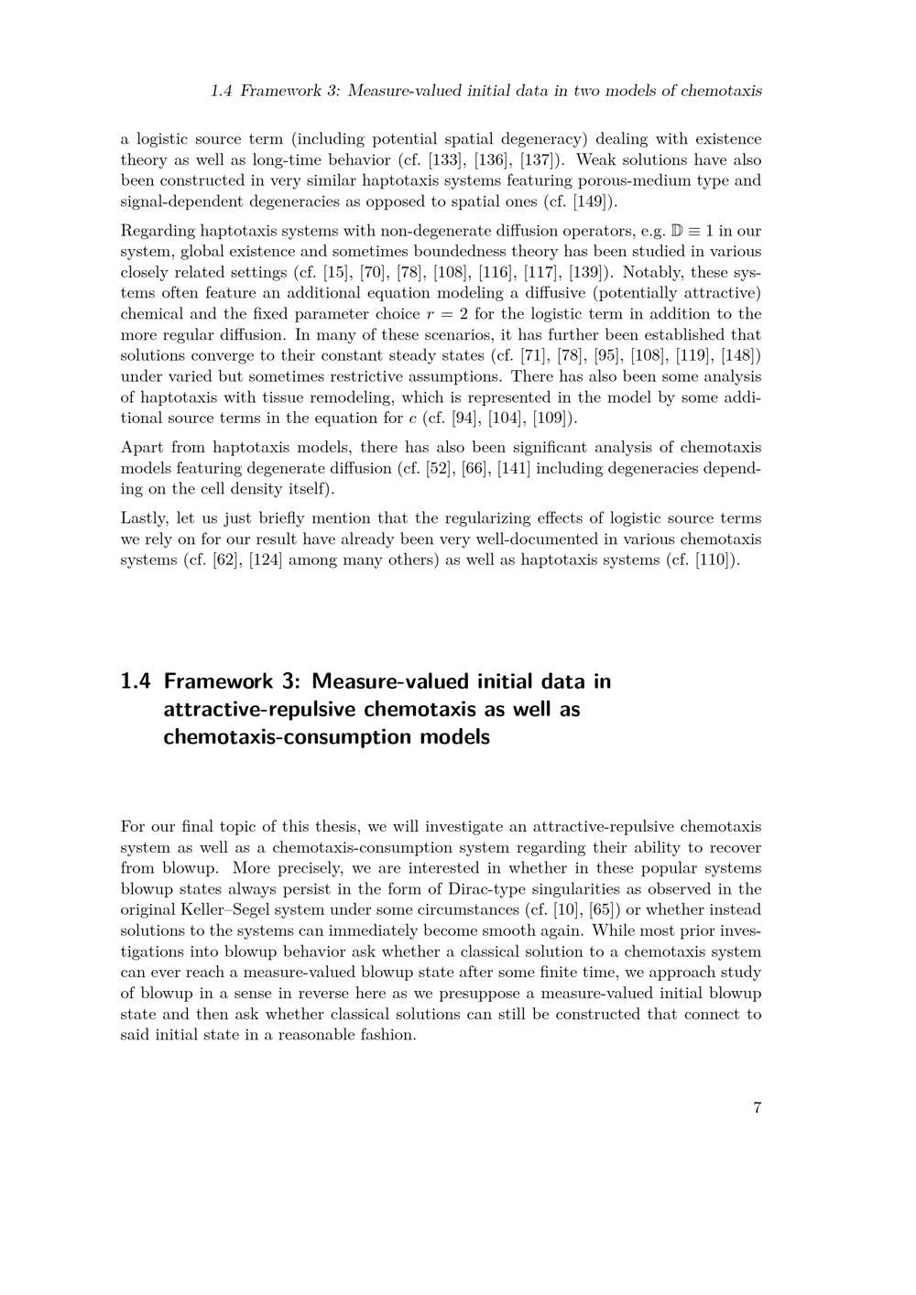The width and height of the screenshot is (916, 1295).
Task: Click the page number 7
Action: (x=757, y=1108)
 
